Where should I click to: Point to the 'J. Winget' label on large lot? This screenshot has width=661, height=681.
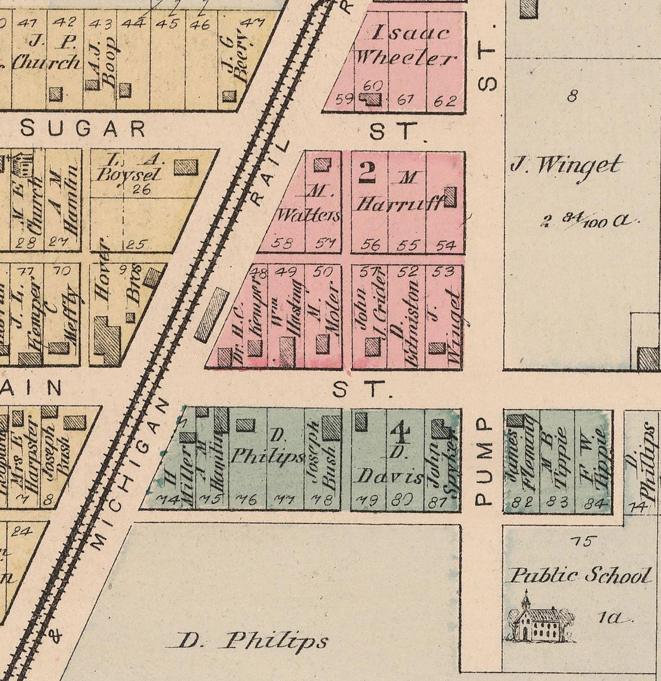point(566,165)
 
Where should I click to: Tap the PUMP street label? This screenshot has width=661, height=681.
point(483,461)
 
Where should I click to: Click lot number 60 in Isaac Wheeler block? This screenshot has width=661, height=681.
point(373,86)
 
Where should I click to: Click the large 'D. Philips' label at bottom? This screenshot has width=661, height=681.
point(247,641)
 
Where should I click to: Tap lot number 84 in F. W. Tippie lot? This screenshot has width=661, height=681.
point(597,503)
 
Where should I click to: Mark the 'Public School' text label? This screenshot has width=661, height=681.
point(580,576)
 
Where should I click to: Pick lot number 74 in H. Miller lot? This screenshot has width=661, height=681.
point(169,500)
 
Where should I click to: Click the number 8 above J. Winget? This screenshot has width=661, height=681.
point(572,96)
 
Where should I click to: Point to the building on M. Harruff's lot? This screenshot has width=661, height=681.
point(450,197)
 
